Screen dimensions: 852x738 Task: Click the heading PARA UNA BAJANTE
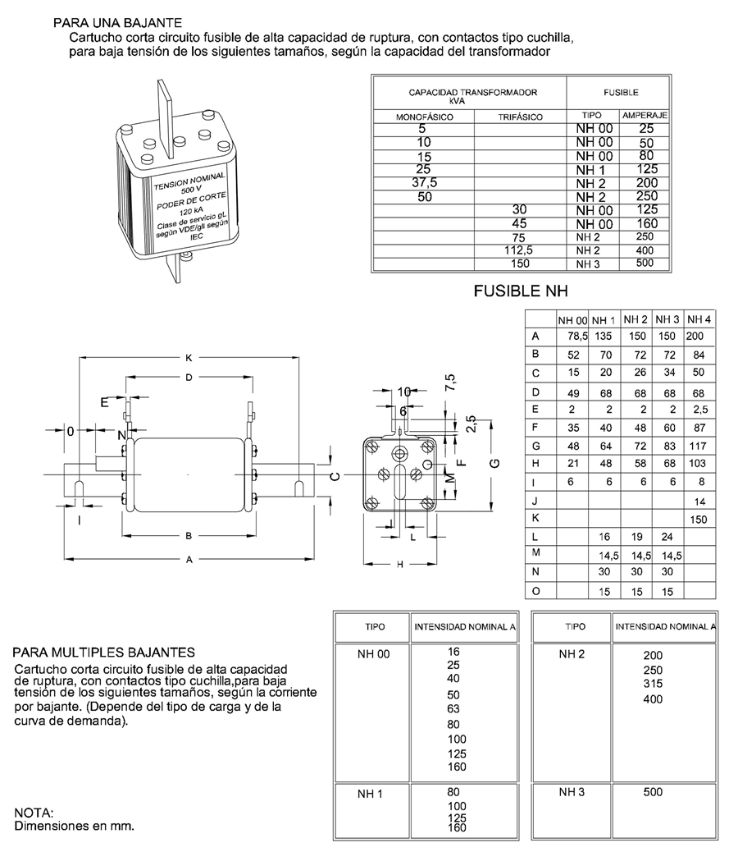click(x=117, y=22)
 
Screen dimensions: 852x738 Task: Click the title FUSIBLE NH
click(x=521, y=291)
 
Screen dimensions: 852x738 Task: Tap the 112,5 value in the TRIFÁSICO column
click(x=520, y=250)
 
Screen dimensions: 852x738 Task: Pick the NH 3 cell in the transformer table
click(x=588, y=263)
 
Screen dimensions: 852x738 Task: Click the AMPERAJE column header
click(x=644, y=117)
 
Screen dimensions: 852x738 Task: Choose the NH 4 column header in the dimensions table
click(x=699, y=318)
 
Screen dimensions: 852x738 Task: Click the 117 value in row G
click(x=698, y=445)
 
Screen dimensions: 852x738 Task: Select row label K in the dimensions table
click(x=535, y=518)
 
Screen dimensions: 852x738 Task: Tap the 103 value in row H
click(x=698, y=464)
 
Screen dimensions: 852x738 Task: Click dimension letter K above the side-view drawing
click(x=189, y=358)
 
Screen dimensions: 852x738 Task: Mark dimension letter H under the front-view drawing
click(x=400, y=565)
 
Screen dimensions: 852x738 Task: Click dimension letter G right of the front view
click(x=494, y=464)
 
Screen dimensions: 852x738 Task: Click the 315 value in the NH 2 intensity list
click(x=653, y=685)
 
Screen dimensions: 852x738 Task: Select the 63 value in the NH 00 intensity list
click(x=454, y=708)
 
